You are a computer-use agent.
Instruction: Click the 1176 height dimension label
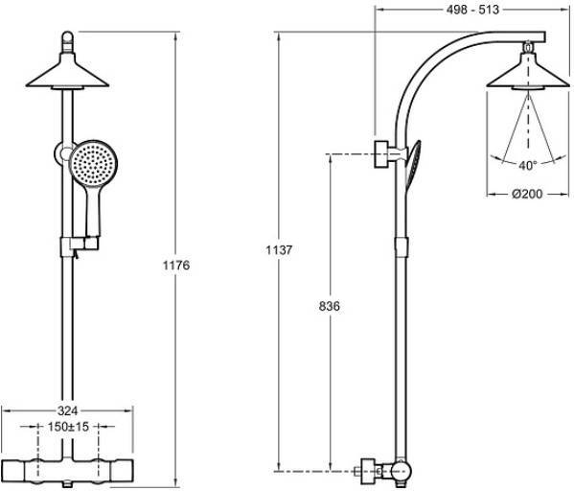[176, 265]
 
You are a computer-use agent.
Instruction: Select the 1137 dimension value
[279, 250]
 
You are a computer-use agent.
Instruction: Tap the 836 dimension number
[329, 306]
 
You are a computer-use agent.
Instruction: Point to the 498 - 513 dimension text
[472, 10]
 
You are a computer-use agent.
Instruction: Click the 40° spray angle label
[527, 166]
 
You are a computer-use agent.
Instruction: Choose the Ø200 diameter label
[527, 194]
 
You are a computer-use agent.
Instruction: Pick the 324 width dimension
[68, 410]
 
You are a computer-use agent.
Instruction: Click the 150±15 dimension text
[68, 427]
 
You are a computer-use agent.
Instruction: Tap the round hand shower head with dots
[93, 164]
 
